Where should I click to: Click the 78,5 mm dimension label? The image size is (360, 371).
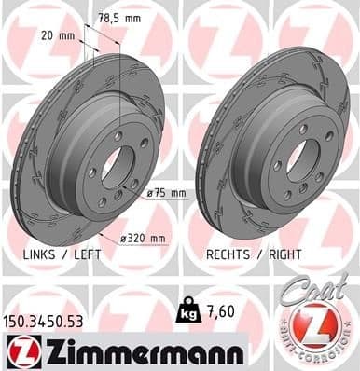[120, 18]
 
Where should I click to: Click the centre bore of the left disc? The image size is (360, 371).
[111, 162]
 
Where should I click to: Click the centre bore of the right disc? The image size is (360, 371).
[302, 160]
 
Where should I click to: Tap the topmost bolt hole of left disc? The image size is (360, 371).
[118, 136]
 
